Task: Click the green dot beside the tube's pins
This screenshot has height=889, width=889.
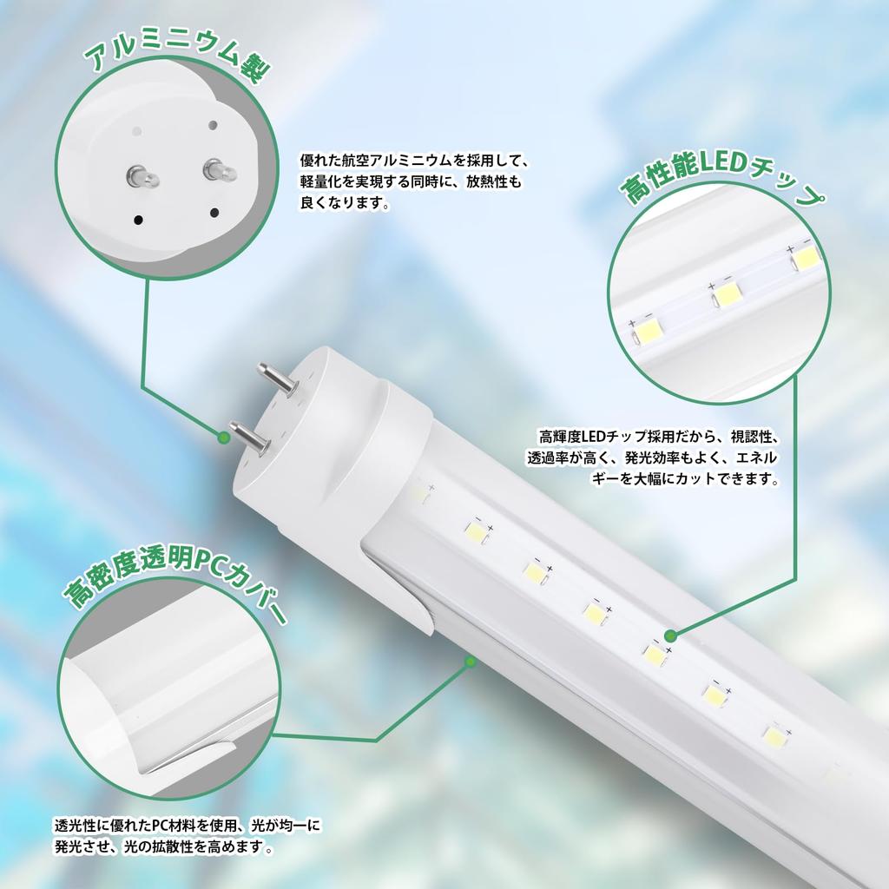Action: click(224, 439)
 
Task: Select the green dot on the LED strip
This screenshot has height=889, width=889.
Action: click(669, 636)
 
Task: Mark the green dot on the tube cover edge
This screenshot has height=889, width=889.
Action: click(470, 662)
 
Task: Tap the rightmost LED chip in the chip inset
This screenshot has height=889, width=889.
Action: click(807, 257)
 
